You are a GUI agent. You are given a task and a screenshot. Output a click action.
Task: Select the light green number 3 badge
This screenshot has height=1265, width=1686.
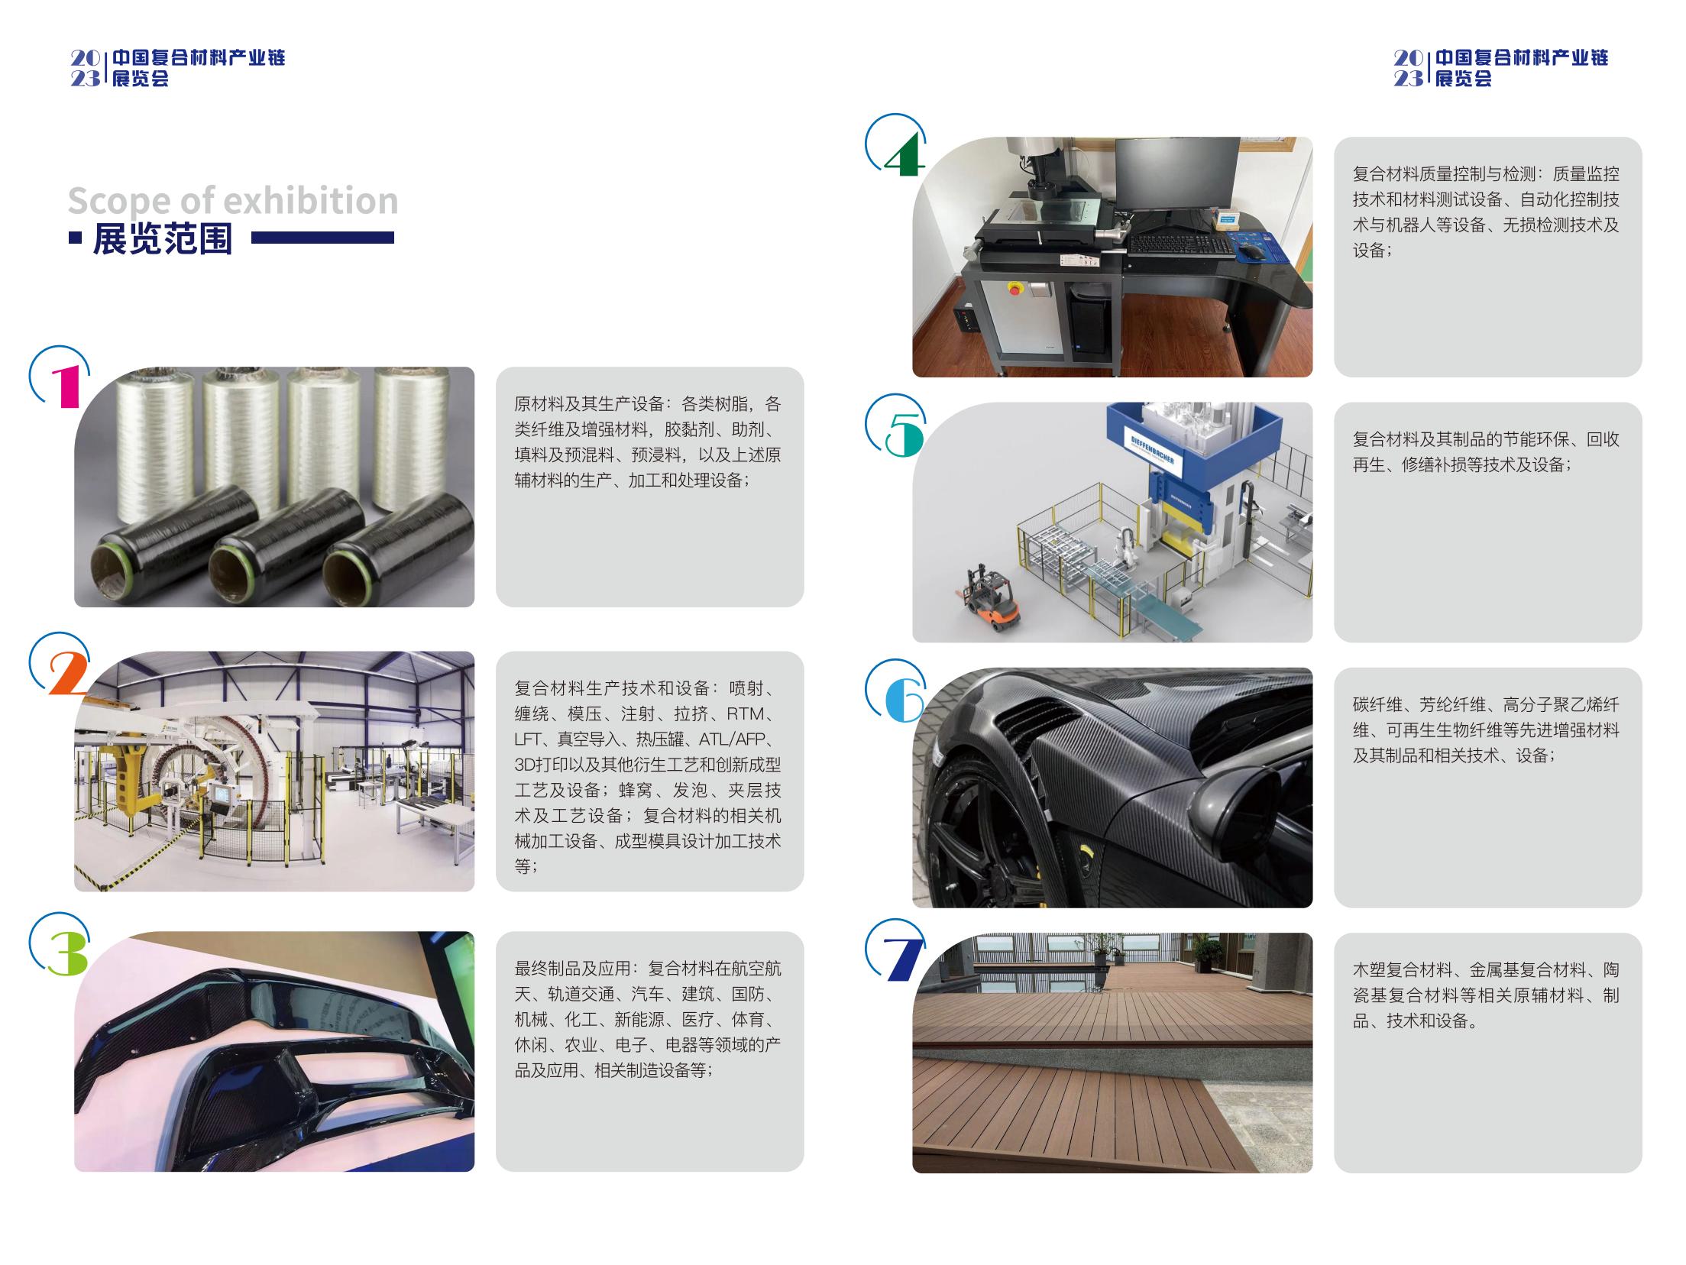(x=67, y=953)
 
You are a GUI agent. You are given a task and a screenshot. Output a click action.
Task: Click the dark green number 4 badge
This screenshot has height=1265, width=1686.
(x=904, y=153)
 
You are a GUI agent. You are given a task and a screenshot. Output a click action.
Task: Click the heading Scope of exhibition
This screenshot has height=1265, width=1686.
(x=233, y=201)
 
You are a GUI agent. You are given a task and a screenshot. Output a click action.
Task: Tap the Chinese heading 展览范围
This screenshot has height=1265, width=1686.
(x=163, y=239)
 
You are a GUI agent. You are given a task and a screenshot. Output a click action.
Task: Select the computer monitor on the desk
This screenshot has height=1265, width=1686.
(x=1177, y=176)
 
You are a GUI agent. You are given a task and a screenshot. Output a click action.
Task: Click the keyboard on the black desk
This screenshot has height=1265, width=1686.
(x=1180, y=245)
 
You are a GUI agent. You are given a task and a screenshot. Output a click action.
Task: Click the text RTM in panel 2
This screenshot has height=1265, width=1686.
(x=745, y=714)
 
